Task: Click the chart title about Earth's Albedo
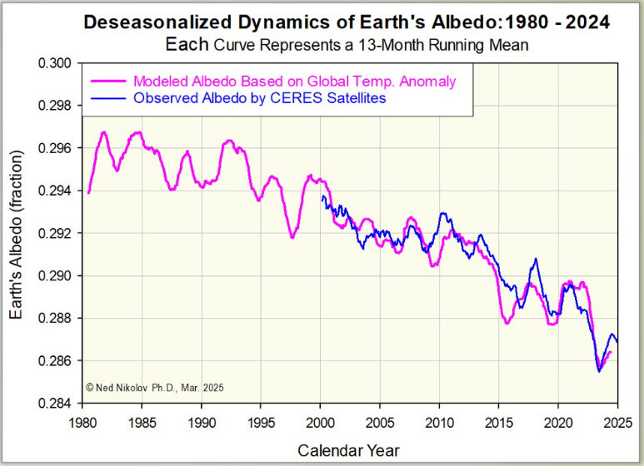tap(346, 23)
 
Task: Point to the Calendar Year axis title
tap(349, 450)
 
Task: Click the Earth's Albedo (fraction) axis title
tap(18, 233)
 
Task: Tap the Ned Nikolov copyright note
tap(155, 388)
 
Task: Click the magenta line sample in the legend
tap(106, 82)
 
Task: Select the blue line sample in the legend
tap(106, 98)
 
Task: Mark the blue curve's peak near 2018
tap(536, 259)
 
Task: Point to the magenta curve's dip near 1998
tap(292, 237)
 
